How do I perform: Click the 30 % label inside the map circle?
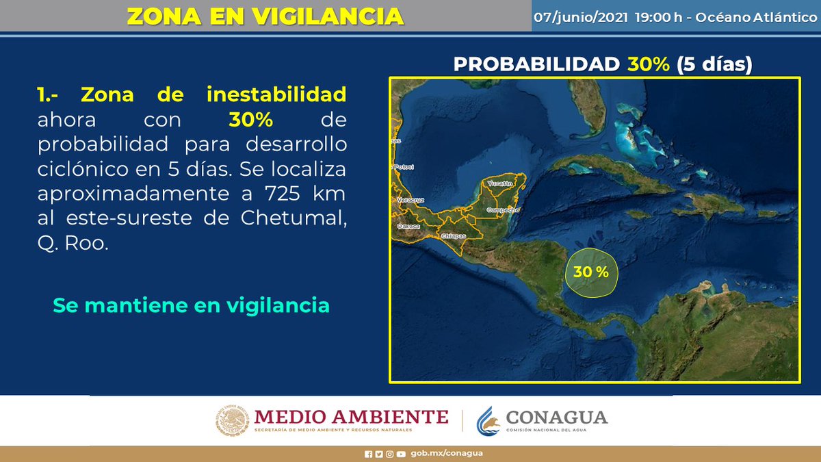click(591, 272)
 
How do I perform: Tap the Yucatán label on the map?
click(500, 184)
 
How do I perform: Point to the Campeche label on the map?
click(501, 210)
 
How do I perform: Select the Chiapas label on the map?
click(454, 236)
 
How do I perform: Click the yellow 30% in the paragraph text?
click(251, 120)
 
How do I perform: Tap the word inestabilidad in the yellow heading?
click(276, 94)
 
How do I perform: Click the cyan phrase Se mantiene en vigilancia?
click(192, 305)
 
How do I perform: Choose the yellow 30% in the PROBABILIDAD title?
click(649, 64)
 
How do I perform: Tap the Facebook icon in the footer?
click(369, 454)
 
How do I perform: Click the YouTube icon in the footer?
click(401, 454)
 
